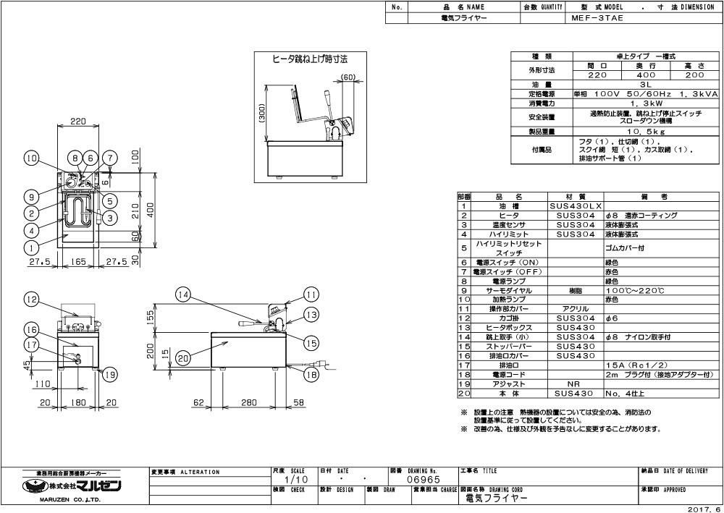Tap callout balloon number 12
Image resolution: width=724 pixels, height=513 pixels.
tap(30, 298)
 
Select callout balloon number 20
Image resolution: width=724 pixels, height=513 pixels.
tap(183, 356)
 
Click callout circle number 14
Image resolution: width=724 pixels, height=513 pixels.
tap(184, 294)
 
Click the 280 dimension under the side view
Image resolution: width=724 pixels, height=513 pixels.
tap(248, 402)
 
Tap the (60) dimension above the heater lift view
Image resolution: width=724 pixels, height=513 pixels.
tap(348, 77)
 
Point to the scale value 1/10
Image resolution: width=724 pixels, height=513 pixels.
tap(287, 480)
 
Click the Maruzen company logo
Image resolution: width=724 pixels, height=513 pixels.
tap(72, 485)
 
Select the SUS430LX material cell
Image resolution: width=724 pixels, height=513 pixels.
tap(575, 206)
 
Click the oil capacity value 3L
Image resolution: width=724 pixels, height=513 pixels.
tap(636, 85)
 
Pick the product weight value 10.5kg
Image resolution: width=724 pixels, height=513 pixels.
tap(636, 133)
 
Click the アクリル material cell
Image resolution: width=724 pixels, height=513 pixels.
tap(575, 309)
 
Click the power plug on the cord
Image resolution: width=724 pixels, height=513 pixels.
tap(320, 364)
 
